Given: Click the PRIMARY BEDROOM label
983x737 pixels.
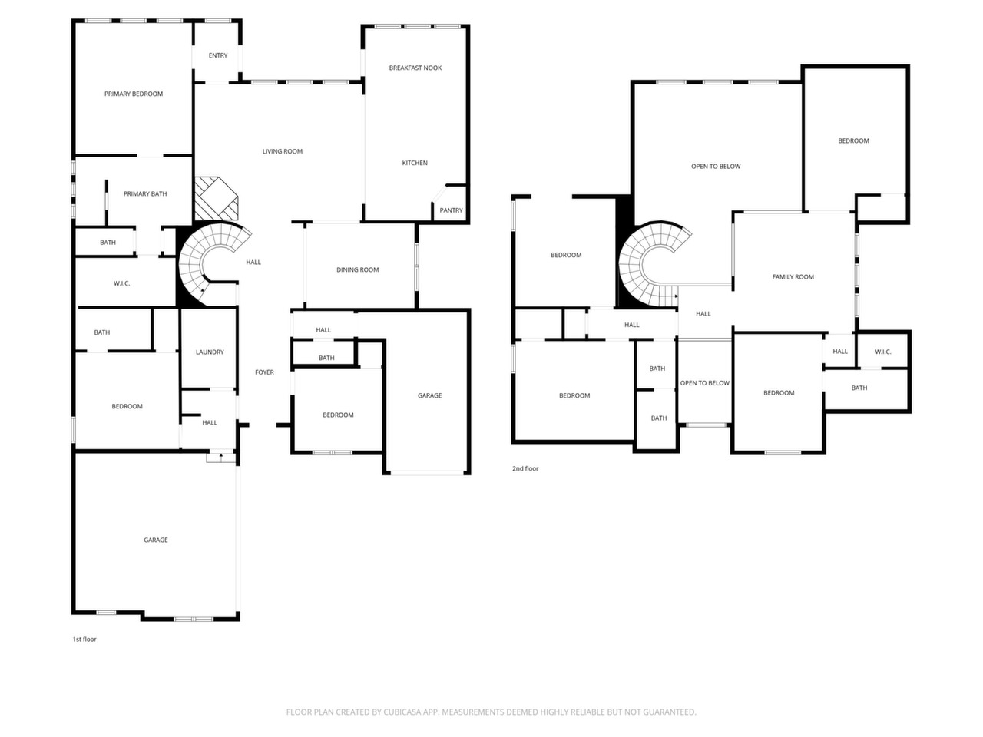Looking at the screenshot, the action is coord(134,94).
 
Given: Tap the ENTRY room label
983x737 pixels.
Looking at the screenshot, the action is coord(218,55).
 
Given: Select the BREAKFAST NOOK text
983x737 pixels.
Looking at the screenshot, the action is coord(415,68).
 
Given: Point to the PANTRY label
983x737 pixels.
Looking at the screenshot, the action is coord(451,210).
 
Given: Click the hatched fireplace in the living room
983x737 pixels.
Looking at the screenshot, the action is coord(216,198).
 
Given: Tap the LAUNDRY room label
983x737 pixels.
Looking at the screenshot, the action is coord(210,352).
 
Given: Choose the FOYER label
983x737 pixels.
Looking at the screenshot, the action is coord(264,372).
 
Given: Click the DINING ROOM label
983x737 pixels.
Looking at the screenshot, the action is coord(357,269).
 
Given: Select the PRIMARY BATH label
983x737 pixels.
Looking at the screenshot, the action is coord(145,193).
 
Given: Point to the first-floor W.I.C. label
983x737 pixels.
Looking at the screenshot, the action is coord(121,283).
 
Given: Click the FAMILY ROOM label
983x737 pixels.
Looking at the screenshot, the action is coord(793,277).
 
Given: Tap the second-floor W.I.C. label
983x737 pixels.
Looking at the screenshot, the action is coord(882,352).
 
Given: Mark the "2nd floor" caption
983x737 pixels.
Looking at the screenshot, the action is coord(525,468).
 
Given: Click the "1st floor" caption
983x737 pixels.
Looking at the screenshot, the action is coord(84,639).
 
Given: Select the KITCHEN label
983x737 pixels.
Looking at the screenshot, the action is coord(415,163).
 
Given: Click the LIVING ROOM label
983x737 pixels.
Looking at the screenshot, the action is coord(282,151).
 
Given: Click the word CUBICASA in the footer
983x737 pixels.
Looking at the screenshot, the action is coord(402,712).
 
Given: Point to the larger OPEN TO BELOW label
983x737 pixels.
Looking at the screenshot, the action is coord(716,167).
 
